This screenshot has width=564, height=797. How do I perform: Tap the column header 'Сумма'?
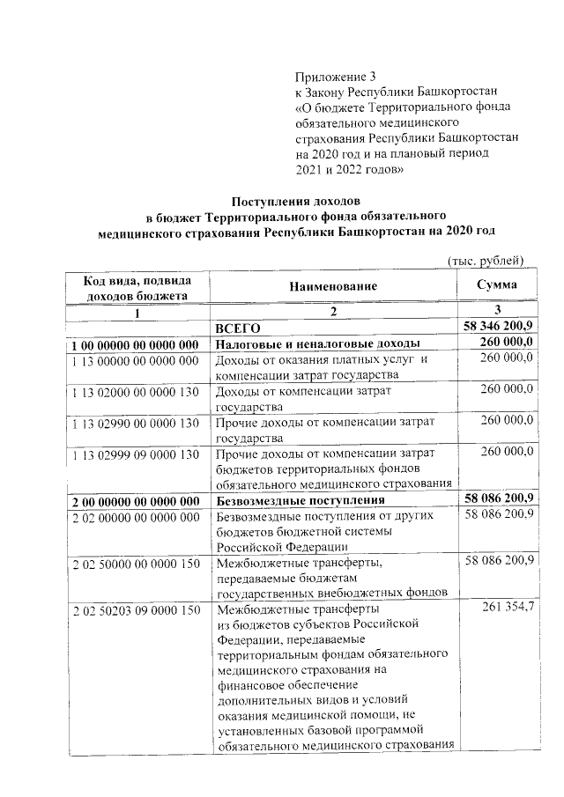point(496,285)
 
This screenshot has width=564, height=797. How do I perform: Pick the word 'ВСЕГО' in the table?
point(238,328)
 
